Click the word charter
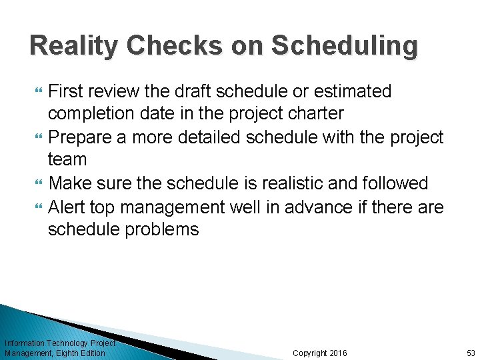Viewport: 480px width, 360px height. tap(321, 113)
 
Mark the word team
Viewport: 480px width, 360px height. tap(67, 160)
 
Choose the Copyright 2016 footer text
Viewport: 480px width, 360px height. tap(319, 353)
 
